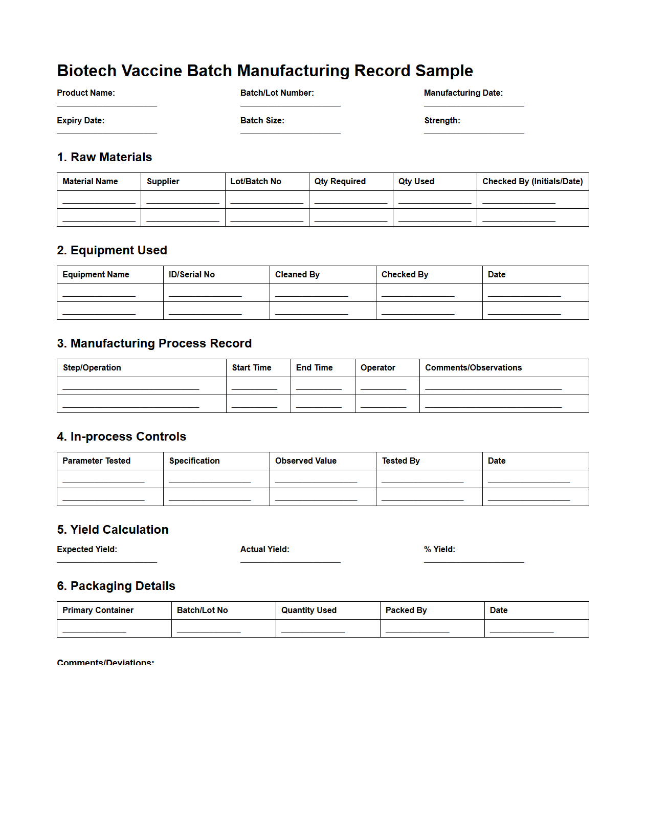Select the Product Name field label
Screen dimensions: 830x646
86,93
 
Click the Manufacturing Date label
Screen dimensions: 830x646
463,93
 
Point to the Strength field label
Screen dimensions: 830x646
442,120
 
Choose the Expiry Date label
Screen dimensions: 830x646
80,120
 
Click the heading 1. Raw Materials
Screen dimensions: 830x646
104,157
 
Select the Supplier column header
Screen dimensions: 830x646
163,181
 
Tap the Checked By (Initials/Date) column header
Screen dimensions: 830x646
532,181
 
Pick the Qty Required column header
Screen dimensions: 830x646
340,181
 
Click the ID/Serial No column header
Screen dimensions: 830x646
191,274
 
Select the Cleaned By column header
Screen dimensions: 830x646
297,274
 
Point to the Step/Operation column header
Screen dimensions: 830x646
92,367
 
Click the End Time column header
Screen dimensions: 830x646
314,367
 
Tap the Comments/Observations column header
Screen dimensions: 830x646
473,367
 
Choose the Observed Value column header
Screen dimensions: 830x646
305,461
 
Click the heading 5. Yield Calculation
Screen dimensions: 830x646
113,530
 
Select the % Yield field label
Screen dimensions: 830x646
439,549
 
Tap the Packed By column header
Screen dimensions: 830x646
406,610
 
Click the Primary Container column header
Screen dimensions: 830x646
98,610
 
